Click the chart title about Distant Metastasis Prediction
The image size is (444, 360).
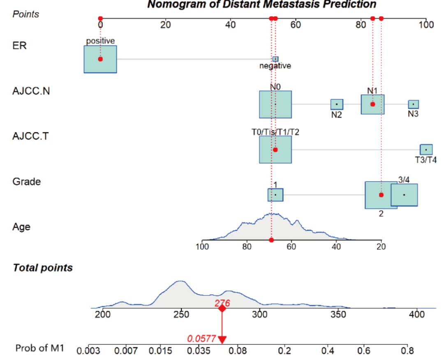coord(261,5)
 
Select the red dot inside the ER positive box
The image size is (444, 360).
coord(100,59)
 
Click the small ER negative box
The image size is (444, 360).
coord(275,59)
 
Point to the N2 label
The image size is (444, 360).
coord(336,115)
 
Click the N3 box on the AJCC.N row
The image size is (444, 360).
coord(413,104)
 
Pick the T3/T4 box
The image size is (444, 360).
coord(426,150)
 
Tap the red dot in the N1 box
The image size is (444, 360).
coord(372,104)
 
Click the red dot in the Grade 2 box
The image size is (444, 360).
coord(381,195)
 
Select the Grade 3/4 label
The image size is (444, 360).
coord(404,180)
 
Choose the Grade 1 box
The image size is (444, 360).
coord(275,195)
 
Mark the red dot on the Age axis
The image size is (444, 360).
coord(271,240)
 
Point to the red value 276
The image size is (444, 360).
coord(222,303)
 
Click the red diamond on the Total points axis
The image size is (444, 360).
coord(222,309)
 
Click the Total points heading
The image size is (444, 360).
coord(43,268)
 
